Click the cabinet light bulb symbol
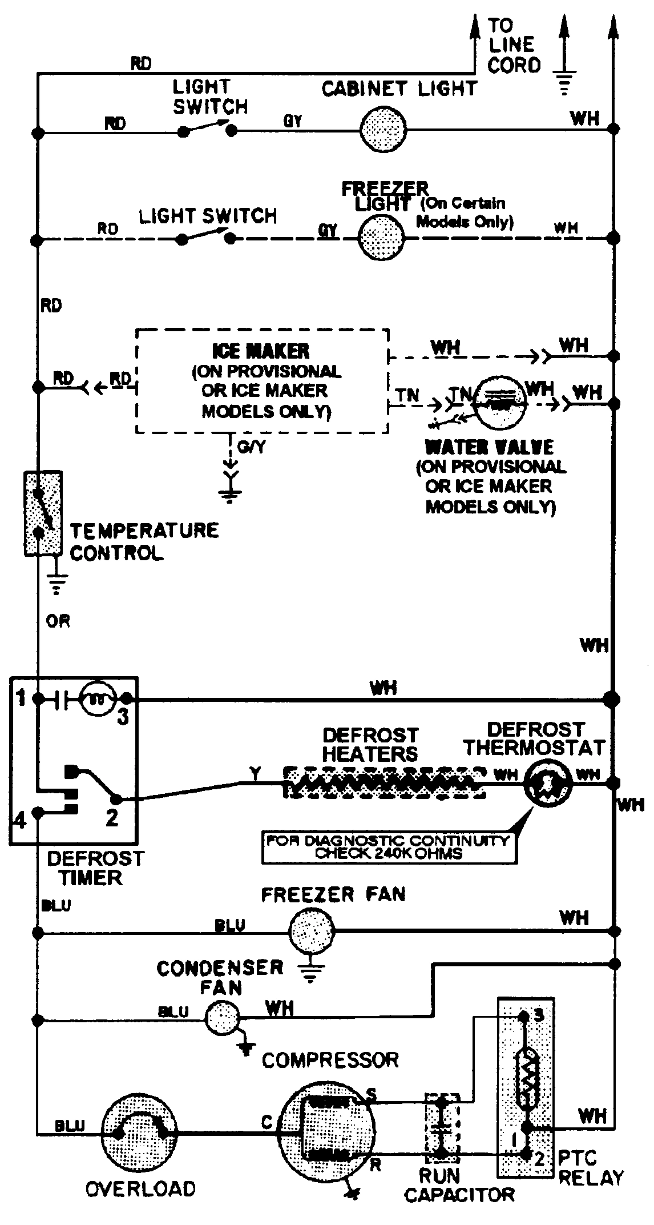(383, 130)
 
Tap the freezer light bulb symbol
(381, 238)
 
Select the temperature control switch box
(43, 513)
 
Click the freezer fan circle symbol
(312, 932)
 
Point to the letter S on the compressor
(371, 1094)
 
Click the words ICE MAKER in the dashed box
(261, 351)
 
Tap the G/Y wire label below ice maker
(251, 447)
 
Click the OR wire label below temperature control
(58, 621)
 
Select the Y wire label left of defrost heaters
(255, 774)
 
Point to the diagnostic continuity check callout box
(388, 848)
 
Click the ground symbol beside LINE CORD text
(564, 80)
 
